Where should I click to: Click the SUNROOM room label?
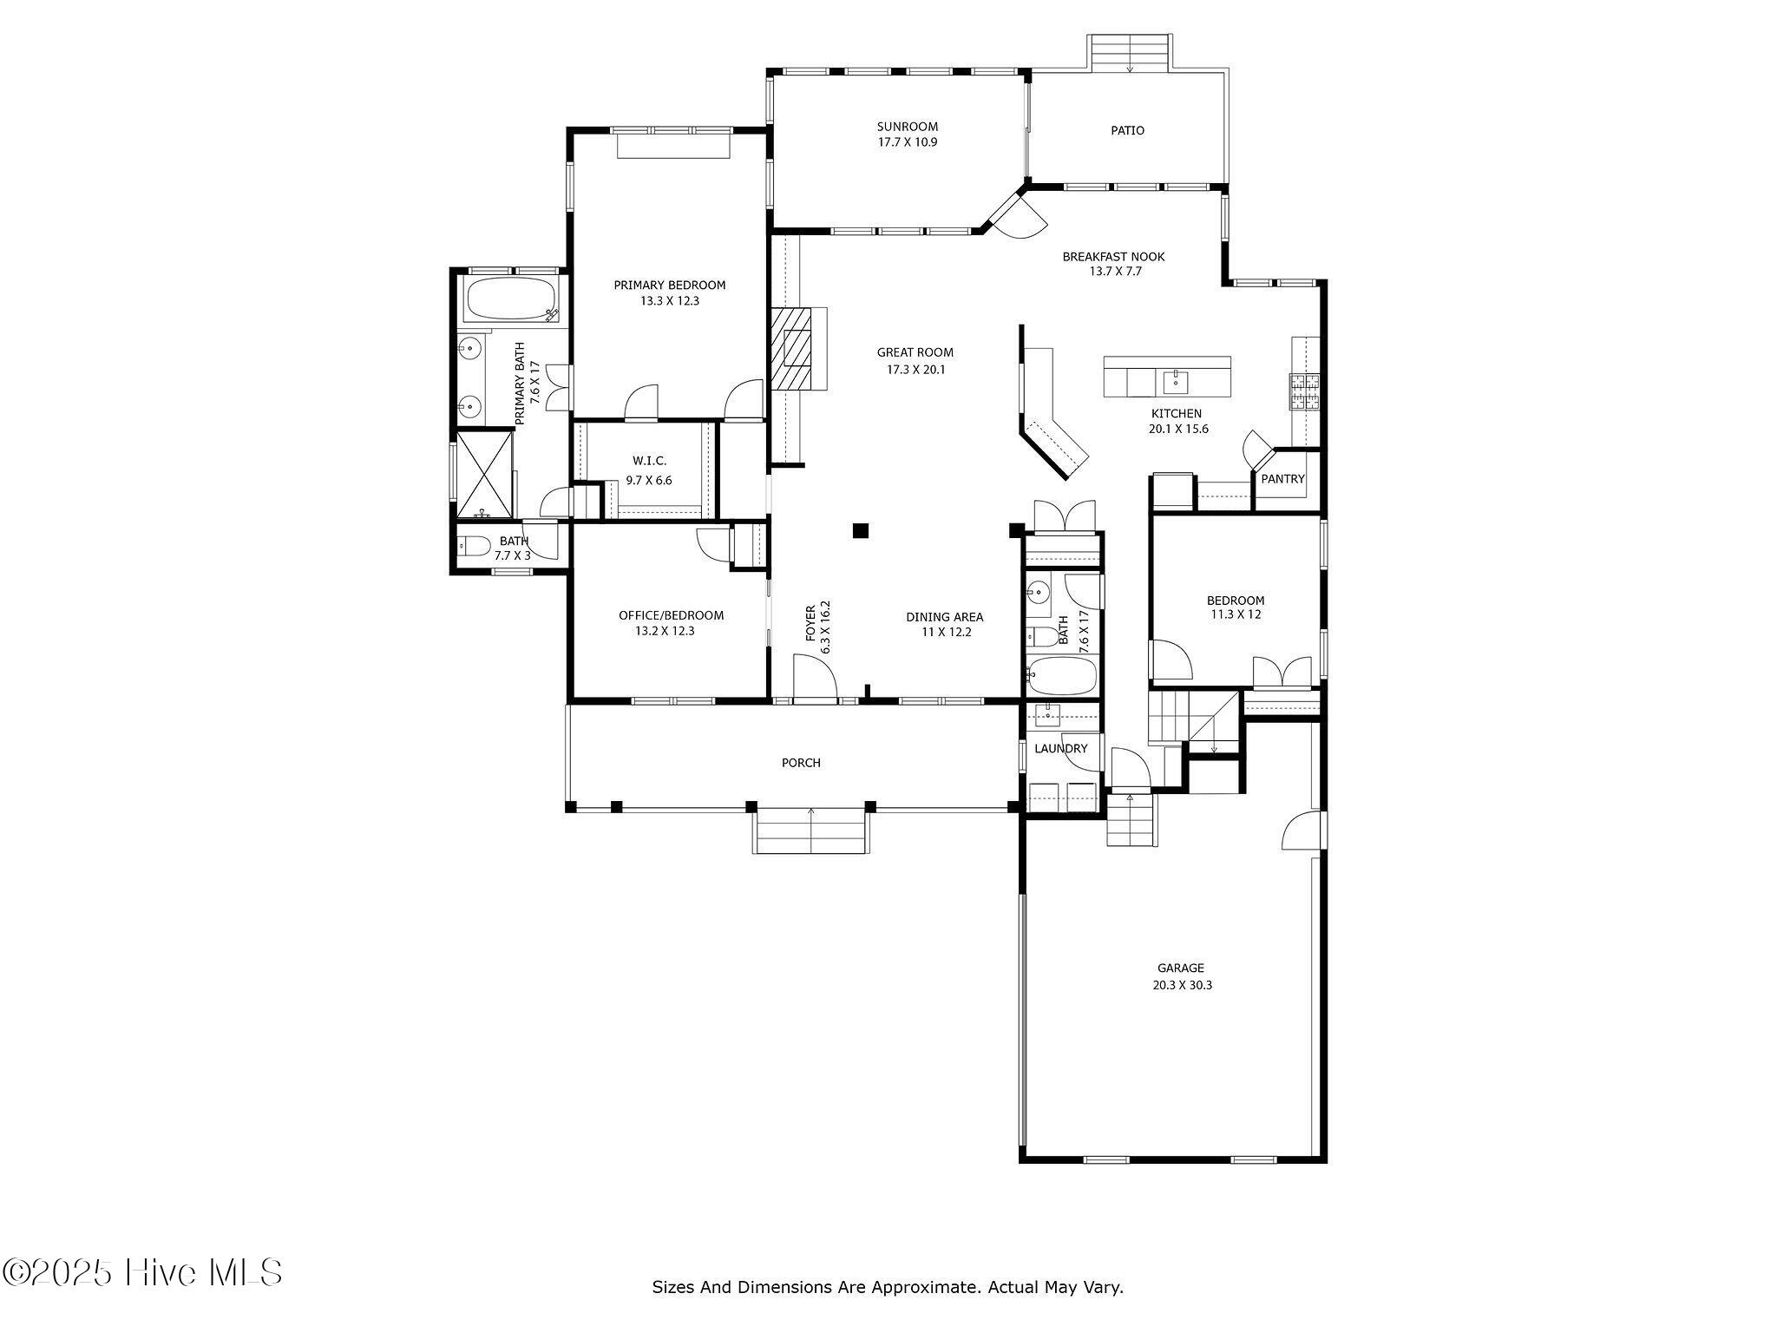coord(907,127)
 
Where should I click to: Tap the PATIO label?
coord(1127,130)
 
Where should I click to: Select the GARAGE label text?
coord(1180,969)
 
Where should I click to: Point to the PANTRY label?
coord(1282,479)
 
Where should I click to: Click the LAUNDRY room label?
coord(1060,749)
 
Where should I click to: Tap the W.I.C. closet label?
coord(649,461)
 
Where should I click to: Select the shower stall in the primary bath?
coord(484,474)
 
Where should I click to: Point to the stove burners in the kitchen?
coord(1303,391)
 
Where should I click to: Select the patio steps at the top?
coord(1131,53)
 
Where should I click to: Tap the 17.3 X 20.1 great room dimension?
coord(915,370)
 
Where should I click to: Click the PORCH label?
coord(801,763)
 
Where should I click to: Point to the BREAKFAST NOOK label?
coord(1113,257)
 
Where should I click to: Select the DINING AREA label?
coord(945,617)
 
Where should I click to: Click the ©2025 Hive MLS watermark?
coord(142,1273)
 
